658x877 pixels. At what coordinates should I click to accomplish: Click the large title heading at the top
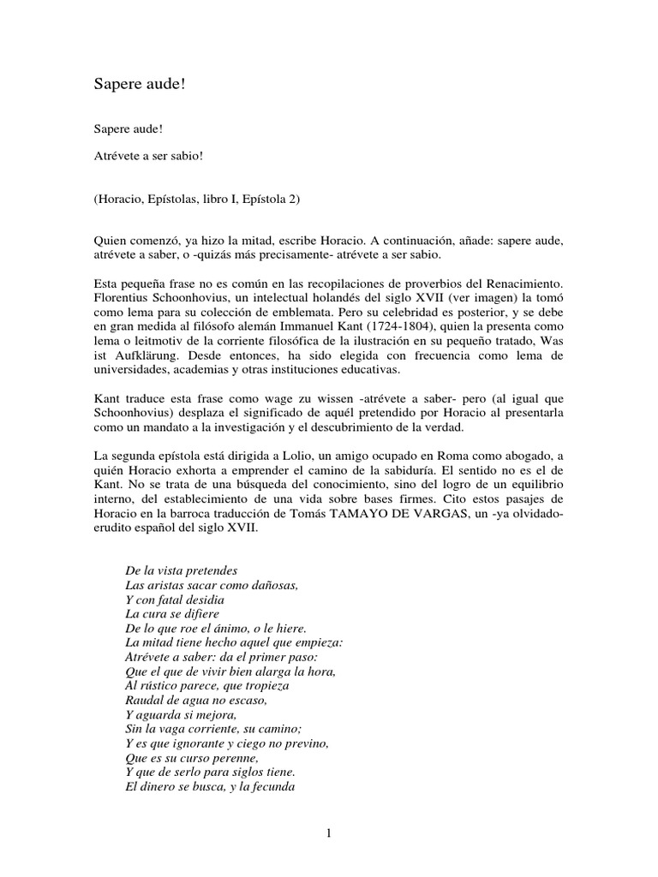pos(140,85)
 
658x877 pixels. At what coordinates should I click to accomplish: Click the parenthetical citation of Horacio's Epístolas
pos(196,200)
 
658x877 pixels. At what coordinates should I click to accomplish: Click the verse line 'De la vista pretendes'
pos(180,570)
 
